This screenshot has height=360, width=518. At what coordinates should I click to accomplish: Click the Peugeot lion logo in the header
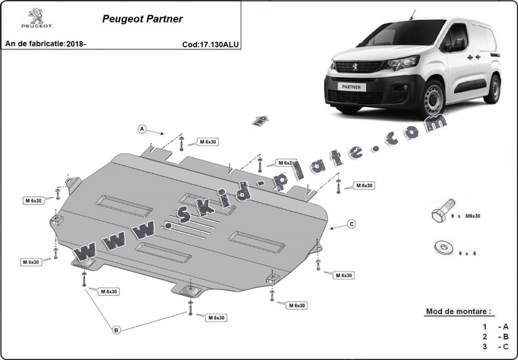pyautogui.click(x=36, y=18)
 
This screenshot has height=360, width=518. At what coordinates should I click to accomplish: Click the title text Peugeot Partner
pyautogui.click(x=143, y=19)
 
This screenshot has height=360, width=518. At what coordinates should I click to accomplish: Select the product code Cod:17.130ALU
pyautogui.click(x=210, y=44)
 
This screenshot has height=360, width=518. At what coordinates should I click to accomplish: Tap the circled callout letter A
pyautogui.click(x=142, y=129)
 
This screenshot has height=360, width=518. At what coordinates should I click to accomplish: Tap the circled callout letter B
pyautogui.click(x=116, y=330)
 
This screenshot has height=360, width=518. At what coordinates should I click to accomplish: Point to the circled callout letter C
pyautogui.click(x=352, y=224)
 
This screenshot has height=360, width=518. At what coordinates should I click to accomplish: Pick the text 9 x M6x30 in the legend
pyautogui.click(x=466, y=216)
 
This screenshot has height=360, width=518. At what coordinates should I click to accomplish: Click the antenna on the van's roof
pyautogui.click(x=411, y=15)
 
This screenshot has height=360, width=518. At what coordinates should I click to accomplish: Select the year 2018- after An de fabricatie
pyautogui.click(x=76, y=44)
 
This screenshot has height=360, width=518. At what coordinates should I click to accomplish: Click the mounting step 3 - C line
pyautogui.click(x=495, y=347)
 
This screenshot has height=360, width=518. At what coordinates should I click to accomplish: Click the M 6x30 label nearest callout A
pyautogui.click(x=208, y=142)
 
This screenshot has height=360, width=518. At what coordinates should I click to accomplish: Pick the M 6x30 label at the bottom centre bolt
pyautogui.click(x=216, y=318)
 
